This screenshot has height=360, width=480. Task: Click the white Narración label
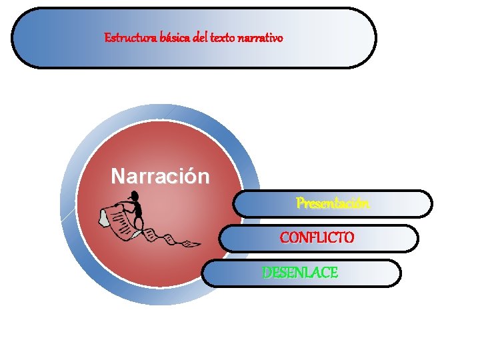tap(160, 177)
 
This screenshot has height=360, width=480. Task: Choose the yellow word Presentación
tap(333, 203)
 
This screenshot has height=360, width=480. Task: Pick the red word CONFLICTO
tap(317, 237)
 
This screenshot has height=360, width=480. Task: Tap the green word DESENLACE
tap(300, 273)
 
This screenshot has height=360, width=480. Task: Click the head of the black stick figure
tap(133, 196)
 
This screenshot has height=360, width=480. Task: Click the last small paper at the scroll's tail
tap(191, 245)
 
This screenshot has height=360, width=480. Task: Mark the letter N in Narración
tap(117, 177)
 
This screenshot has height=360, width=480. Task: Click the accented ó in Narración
tap(188, 177)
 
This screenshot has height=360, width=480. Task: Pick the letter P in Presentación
tap(300, 203)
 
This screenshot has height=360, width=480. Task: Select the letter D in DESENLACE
tap(267, 273)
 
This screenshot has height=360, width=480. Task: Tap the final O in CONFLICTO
tap(349, 237)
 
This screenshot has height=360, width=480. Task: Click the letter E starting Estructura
tap(107, 38)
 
